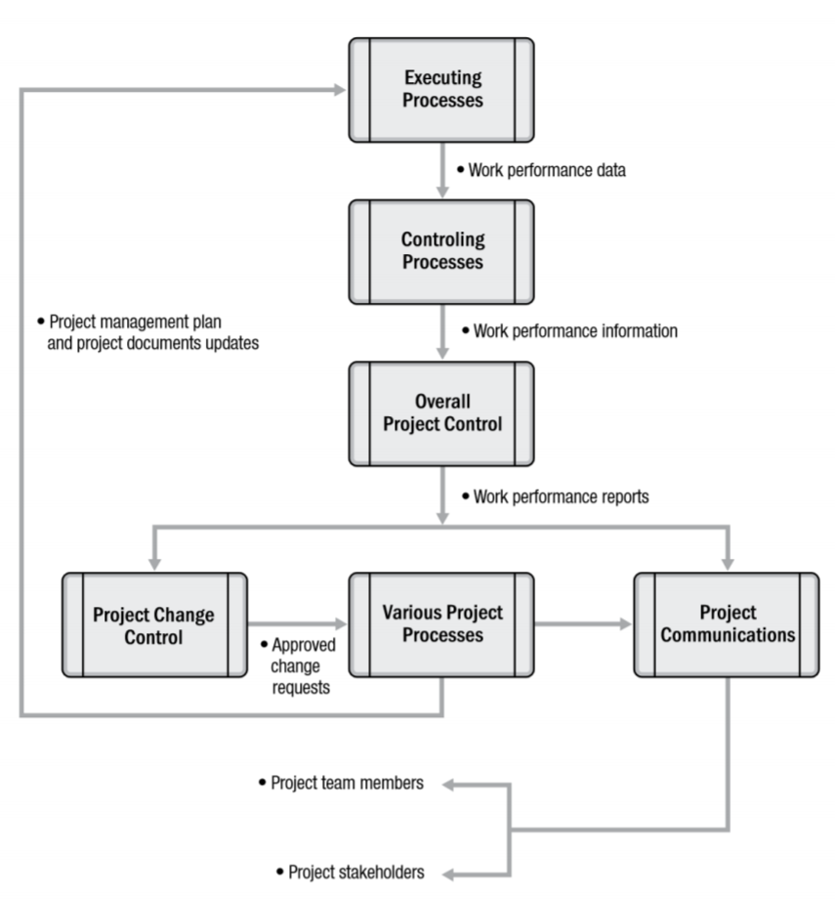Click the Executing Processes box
[440, 90]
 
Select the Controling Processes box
[440, 251]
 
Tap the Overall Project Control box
[440, 413]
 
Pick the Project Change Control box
[154, 625]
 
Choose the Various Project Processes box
[441, 625]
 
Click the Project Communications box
[728, 625]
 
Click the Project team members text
[341, 784]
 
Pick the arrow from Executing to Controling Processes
[440, 171]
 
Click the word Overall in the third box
[440, 402]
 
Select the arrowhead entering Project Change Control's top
[154, 564]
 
